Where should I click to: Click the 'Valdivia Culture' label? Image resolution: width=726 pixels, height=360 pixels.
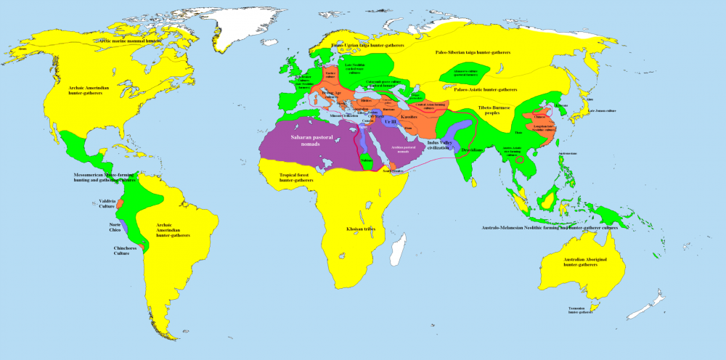tap(108, 205)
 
